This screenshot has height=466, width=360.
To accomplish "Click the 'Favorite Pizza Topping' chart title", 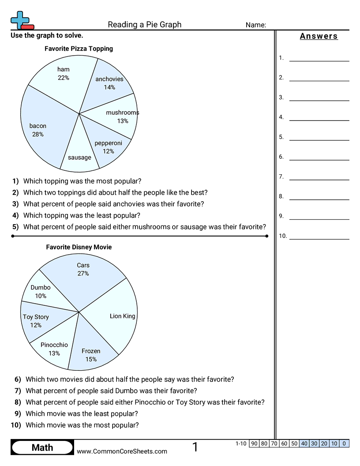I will tap(79, 49).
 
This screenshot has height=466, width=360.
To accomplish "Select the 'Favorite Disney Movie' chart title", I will tap(79, 247).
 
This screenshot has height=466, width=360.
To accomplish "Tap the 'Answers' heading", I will tap(319, 36).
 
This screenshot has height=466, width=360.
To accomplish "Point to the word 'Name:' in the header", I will tap(255, 25).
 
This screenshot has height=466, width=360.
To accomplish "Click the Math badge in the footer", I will tap(42, 447).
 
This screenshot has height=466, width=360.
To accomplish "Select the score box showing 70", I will tap(274, 443).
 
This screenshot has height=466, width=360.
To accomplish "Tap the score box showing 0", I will tap(345, 443).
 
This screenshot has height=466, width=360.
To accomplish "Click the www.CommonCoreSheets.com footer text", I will tap(122, 451).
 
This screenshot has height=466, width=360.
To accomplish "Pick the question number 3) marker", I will tap(15, 204).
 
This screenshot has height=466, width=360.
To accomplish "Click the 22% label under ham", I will tap(63, 78).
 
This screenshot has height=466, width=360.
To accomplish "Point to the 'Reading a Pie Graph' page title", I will tap(144, 25).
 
